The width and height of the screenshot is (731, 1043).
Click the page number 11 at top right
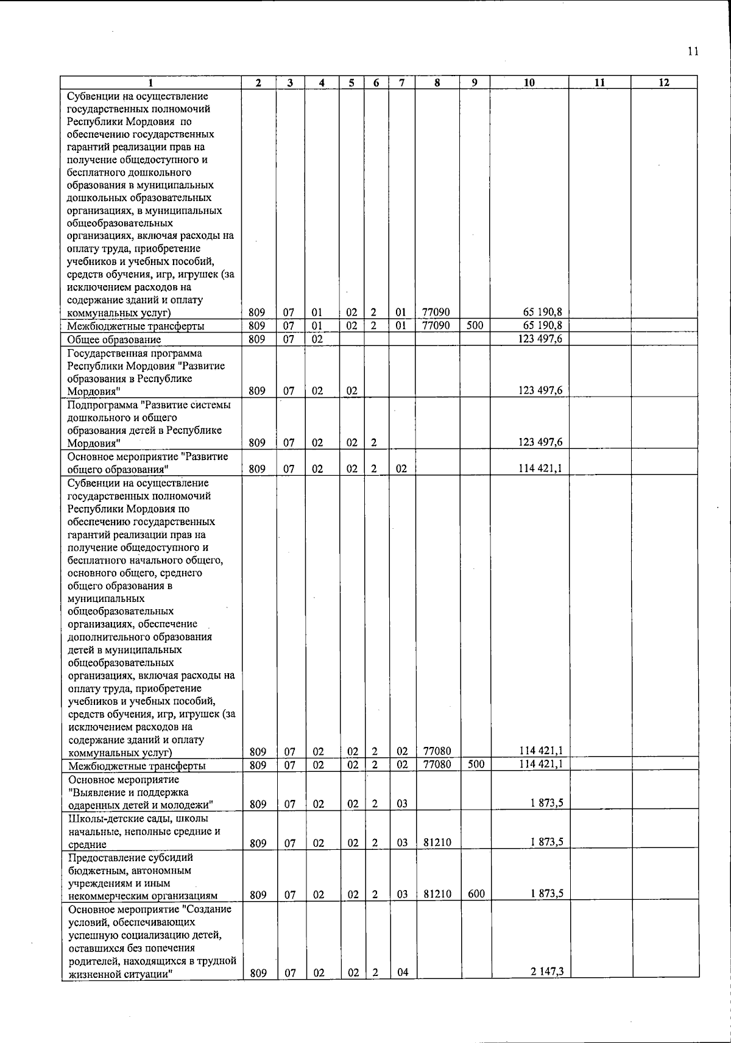[693, 51]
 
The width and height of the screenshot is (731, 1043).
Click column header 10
[529, 83]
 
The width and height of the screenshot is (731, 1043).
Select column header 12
[664, 83]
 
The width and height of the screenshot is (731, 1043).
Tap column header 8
[437, 83]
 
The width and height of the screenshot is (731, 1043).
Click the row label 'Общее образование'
[114, 339]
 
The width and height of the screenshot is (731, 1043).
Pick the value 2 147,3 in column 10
[546, 971]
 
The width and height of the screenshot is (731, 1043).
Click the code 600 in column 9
[476, 894]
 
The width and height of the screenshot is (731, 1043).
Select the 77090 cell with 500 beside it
[436, 325]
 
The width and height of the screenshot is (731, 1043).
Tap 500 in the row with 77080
[476, 764]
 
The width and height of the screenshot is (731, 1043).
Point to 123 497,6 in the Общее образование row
[540, 339]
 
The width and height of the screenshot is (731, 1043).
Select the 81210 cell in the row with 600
[437, 894]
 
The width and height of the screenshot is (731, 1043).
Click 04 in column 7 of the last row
[402, 972]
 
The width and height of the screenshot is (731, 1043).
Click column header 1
[150, 83]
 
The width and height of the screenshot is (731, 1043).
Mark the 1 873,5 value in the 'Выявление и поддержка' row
[546, 802]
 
